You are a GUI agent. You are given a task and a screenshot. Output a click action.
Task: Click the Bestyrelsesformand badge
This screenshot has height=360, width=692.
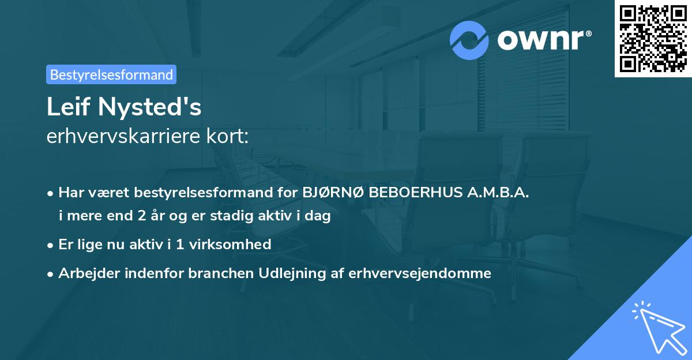point(111,74)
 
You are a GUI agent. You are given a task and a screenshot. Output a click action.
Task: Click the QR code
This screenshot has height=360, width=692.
point(653,38)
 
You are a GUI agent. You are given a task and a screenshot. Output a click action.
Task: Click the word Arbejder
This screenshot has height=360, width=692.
point(86,273)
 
